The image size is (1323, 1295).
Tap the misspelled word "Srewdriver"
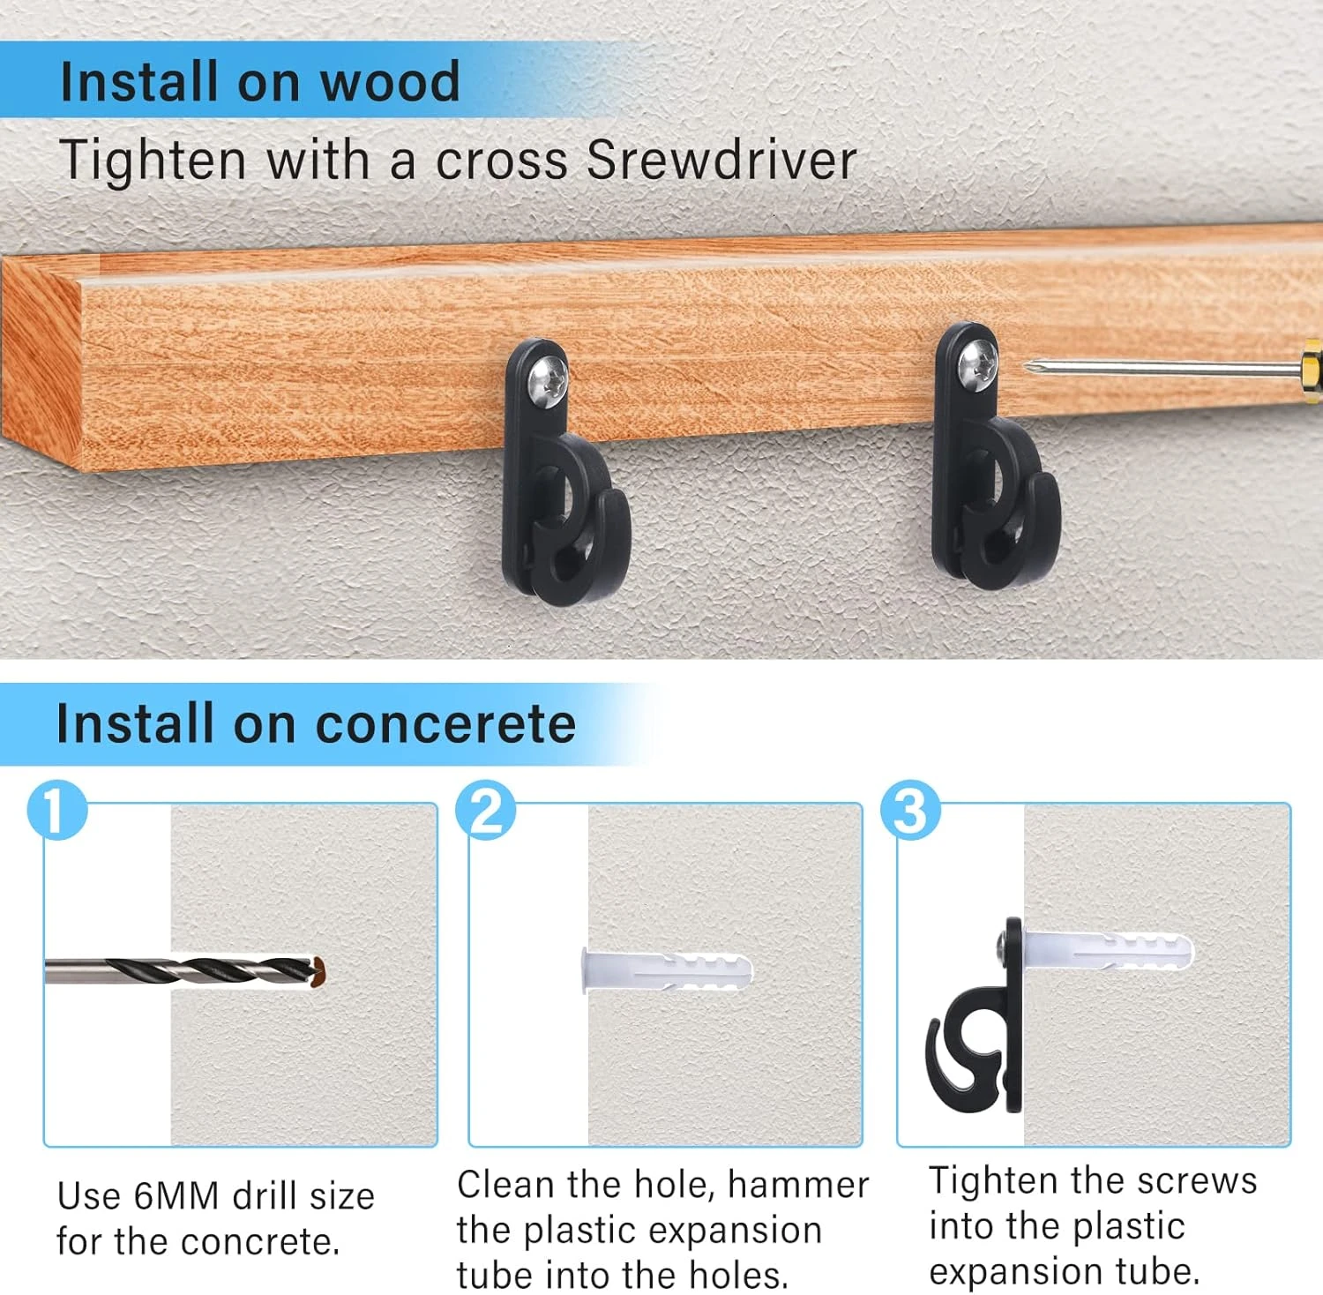pyautogui.click(x=721, y=161)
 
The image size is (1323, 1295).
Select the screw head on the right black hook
pyautogui.click(x=977, y=363)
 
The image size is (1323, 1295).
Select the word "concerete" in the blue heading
pyautogui.click(x=445, y=724)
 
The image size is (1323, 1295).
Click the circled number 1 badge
pyautogui.click(x=57, y=810)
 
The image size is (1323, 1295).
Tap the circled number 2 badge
pyautogui.click(x=486, y=810)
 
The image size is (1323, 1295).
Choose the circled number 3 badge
pyautogui.click(x=911, y=810)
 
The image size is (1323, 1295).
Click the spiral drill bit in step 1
pyautogui.click(x=185, y=972)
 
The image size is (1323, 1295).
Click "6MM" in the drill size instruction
pyautogui.click(x=176, y=1196)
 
